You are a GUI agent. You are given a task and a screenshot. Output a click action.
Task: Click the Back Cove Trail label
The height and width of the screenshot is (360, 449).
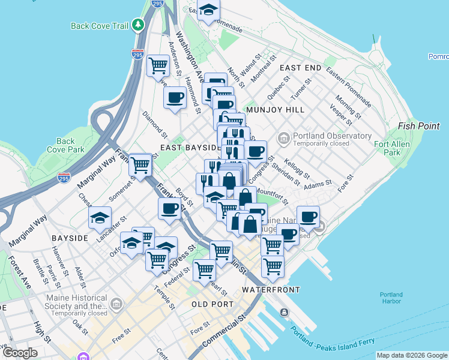coord(100,26)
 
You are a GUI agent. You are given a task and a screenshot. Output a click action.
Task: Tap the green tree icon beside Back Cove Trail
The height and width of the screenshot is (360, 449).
coord(139,25)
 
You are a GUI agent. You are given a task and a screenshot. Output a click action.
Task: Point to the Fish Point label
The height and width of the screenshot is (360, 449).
coord(418,126)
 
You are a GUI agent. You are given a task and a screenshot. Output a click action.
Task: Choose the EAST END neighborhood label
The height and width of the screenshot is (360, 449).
coord(300,68)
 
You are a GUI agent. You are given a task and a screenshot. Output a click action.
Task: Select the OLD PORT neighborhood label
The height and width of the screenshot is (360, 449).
coord(212,304)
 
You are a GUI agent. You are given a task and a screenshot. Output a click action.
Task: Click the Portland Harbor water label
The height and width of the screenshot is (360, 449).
coord(391,298)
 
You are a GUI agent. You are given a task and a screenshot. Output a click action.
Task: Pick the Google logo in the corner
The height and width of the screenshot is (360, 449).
coord(20,353)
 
